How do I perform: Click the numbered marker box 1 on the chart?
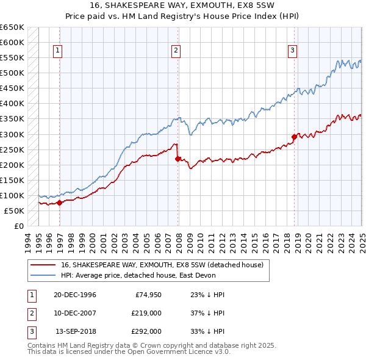point(57,51)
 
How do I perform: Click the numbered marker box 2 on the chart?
point(175,51)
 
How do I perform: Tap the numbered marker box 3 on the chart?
point(292,51)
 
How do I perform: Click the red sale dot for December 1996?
point(60,203)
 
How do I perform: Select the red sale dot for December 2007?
point(178,159)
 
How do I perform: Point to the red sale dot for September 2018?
point(294,137)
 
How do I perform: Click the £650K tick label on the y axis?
point(12,27)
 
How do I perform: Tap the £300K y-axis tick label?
point(12,134)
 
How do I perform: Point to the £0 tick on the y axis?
point(18,226)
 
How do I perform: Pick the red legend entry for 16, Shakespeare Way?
point(162,265)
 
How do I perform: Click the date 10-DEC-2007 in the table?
point(75,313)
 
